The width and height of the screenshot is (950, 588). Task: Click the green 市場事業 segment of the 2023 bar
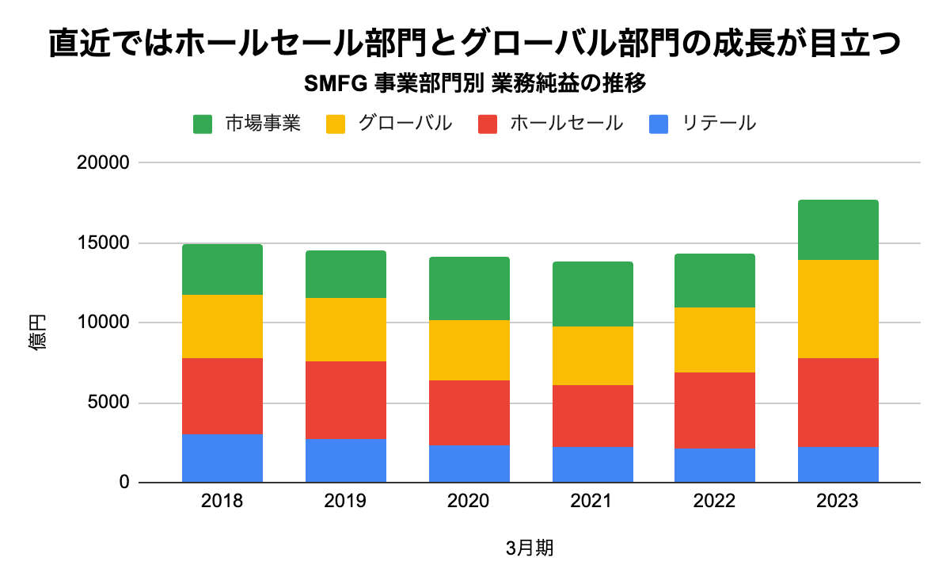tap(838, 230)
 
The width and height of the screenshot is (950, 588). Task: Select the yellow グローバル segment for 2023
tap(838, 309)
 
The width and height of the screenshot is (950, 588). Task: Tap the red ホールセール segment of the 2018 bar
tap(222, 396)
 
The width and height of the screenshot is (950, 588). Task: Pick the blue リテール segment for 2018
tap(222, 458)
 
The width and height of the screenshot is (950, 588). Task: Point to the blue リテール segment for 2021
tap(592, 464)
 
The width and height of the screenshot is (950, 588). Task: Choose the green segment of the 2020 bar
tap(469, 288)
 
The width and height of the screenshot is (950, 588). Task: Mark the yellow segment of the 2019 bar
tap(345, 330)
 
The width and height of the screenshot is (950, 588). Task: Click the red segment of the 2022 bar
tap(714, 410)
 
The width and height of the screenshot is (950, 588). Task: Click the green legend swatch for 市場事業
tap(203, 124)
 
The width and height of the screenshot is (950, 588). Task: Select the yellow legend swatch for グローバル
tap(336, 124)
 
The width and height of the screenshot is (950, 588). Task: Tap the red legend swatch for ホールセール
tap(488, 124)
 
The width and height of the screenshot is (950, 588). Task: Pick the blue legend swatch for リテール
tap(659, 124)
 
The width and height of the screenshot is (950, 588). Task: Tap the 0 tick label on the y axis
tap(123, 483)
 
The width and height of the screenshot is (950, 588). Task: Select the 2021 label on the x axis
tap(592, 502)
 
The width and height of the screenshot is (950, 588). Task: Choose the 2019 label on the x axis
tap(345, 502)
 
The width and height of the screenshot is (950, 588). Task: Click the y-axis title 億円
tap(38, 331)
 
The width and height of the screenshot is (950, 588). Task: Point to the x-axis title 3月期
tap(530, 548)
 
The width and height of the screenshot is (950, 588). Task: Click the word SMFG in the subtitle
tap(333, 82)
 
